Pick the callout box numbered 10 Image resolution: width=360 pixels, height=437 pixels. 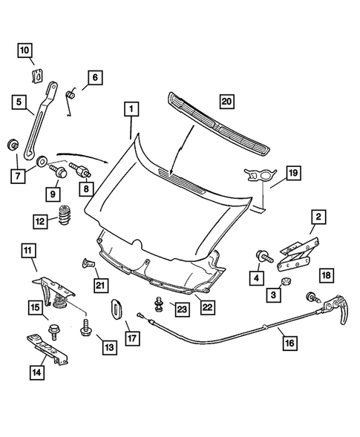point(25,50)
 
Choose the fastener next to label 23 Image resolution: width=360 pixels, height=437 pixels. point(158,304)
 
